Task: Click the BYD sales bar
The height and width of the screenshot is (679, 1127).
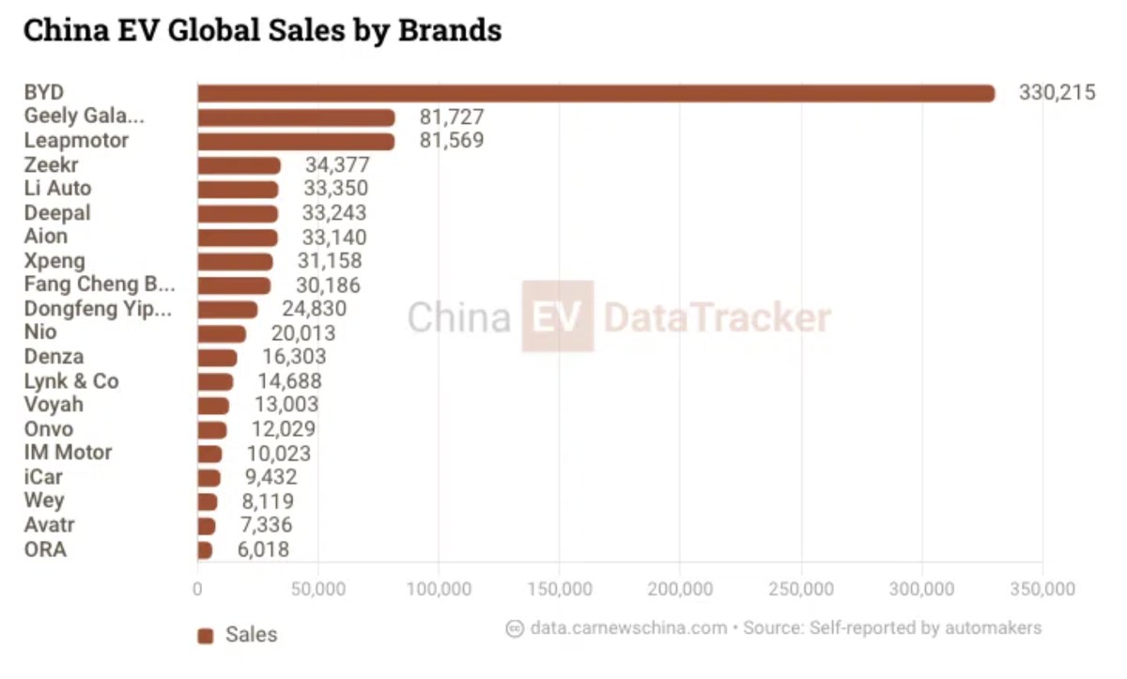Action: coord(596,94)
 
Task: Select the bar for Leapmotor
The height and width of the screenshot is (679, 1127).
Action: coord(297,142)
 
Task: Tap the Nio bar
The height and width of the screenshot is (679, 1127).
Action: coord(222,334)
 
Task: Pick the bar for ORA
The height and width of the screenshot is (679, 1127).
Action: coord(205,550)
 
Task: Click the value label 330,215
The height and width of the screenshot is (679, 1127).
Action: coord(1058,93)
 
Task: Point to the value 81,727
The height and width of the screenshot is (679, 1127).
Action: coord(452,117)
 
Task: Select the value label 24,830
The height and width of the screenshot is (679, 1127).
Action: coord(315,309)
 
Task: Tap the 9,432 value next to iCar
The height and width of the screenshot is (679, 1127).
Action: coord(271,477)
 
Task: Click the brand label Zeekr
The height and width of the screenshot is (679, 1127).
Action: coord(52,164)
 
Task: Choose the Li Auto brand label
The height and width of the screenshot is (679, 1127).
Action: coord(58,188)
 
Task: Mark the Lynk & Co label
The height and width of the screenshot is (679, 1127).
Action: coord(71,381)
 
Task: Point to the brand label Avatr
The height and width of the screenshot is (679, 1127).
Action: coord(49,525)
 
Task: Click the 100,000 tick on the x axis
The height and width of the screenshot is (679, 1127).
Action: coord(439,589)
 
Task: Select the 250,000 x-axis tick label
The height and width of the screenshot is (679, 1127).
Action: coord(801,589)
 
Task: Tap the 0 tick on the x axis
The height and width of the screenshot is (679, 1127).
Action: coord(197,589)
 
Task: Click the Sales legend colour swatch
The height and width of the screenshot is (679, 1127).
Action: coord(206,636)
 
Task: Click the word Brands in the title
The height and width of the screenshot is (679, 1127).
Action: coord(450,30)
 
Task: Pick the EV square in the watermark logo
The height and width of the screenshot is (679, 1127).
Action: coord(558,316)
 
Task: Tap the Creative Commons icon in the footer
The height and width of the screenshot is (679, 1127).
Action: coord(515,628)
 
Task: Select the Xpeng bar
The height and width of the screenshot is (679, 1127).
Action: coord(236,262)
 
